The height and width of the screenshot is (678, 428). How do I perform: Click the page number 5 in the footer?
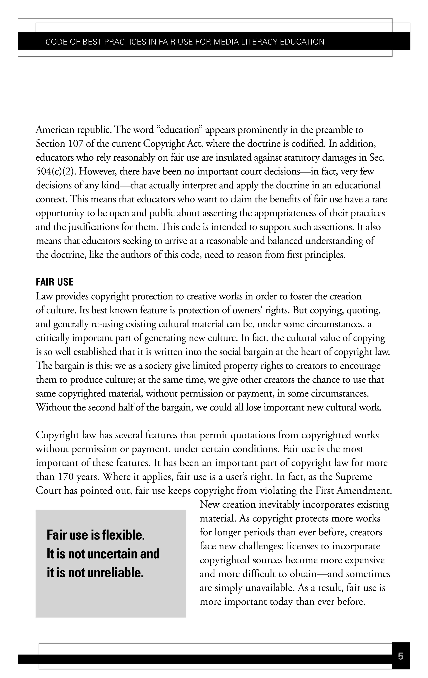tap(400, 656)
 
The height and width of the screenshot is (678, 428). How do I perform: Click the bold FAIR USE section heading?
tap(55, 282)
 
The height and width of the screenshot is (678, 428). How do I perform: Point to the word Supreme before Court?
tap(354, 477)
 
